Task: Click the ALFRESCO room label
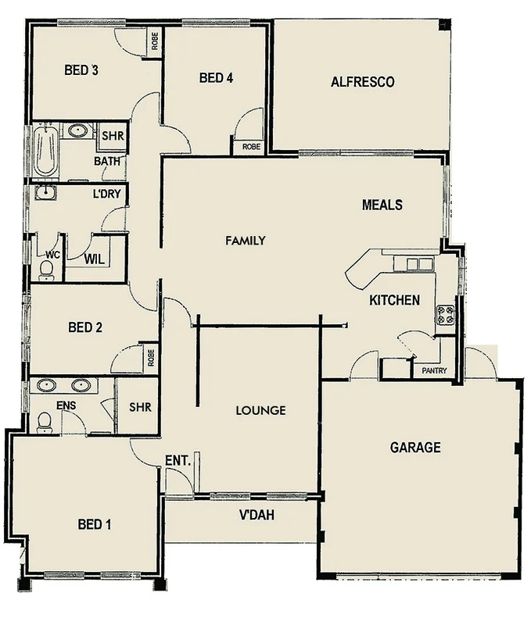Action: click(362, 82)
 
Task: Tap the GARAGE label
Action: click(415, 448)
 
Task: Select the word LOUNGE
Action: click(260, 410)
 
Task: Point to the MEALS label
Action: click(382, 205)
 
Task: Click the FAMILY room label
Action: click(246, 241)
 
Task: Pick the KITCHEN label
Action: click(394, 300)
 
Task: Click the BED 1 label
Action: click(94, 524)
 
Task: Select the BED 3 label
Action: click(81, 70)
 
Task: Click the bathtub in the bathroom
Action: click(45, 152)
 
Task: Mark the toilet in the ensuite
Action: click(45, 421)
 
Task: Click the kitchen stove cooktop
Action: click(445, 316)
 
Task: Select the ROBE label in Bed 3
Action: click(155, 41)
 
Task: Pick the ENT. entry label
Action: click(178, 461)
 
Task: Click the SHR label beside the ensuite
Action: click(140, 407)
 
